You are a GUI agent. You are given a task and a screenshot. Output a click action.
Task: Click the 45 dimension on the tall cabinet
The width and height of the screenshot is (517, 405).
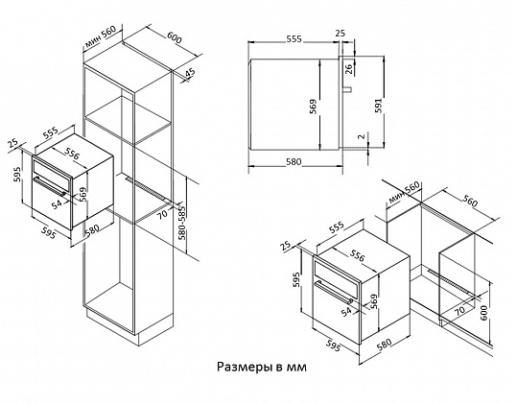point(190,74)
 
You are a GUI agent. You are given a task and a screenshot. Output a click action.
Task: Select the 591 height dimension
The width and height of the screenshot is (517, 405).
point(379,106)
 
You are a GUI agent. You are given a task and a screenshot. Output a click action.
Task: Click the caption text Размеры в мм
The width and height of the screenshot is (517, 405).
point(262,367)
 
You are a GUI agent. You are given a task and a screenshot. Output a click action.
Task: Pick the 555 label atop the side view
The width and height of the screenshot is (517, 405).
point(294,39)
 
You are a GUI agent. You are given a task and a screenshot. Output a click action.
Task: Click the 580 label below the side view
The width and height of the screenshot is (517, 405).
point(294,161)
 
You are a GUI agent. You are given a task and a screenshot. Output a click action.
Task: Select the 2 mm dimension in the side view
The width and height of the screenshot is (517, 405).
point(362,136)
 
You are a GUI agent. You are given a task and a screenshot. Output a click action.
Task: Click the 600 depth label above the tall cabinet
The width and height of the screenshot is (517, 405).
point(175,37)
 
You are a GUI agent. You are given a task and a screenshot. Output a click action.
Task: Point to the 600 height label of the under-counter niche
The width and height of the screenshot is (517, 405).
point(483,312)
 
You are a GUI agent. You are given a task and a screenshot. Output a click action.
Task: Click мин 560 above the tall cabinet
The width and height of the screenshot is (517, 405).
point(100,36)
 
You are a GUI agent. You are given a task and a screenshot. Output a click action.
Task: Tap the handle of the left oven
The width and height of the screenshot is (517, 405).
point(51,187)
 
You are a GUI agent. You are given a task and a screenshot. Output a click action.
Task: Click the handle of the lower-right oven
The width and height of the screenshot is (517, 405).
point(334,291)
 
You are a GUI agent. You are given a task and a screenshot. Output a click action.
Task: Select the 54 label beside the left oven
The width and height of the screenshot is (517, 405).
point(57,204)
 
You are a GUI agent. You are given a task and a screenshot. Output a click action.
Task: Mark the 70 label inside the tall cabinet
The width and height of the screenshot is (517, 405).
point(163,214)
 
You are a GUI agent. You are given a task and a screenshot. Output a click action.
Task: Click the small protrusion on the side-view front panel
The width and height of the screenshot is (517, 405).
point(348,89)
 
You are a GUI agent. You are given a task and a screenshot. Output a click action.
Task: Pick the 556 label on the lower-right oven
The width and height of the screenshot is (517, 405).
point(357,255)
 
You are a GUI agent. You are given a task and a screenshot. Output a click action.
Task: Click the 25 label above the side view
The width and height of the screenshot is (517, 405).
point(340,33)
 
